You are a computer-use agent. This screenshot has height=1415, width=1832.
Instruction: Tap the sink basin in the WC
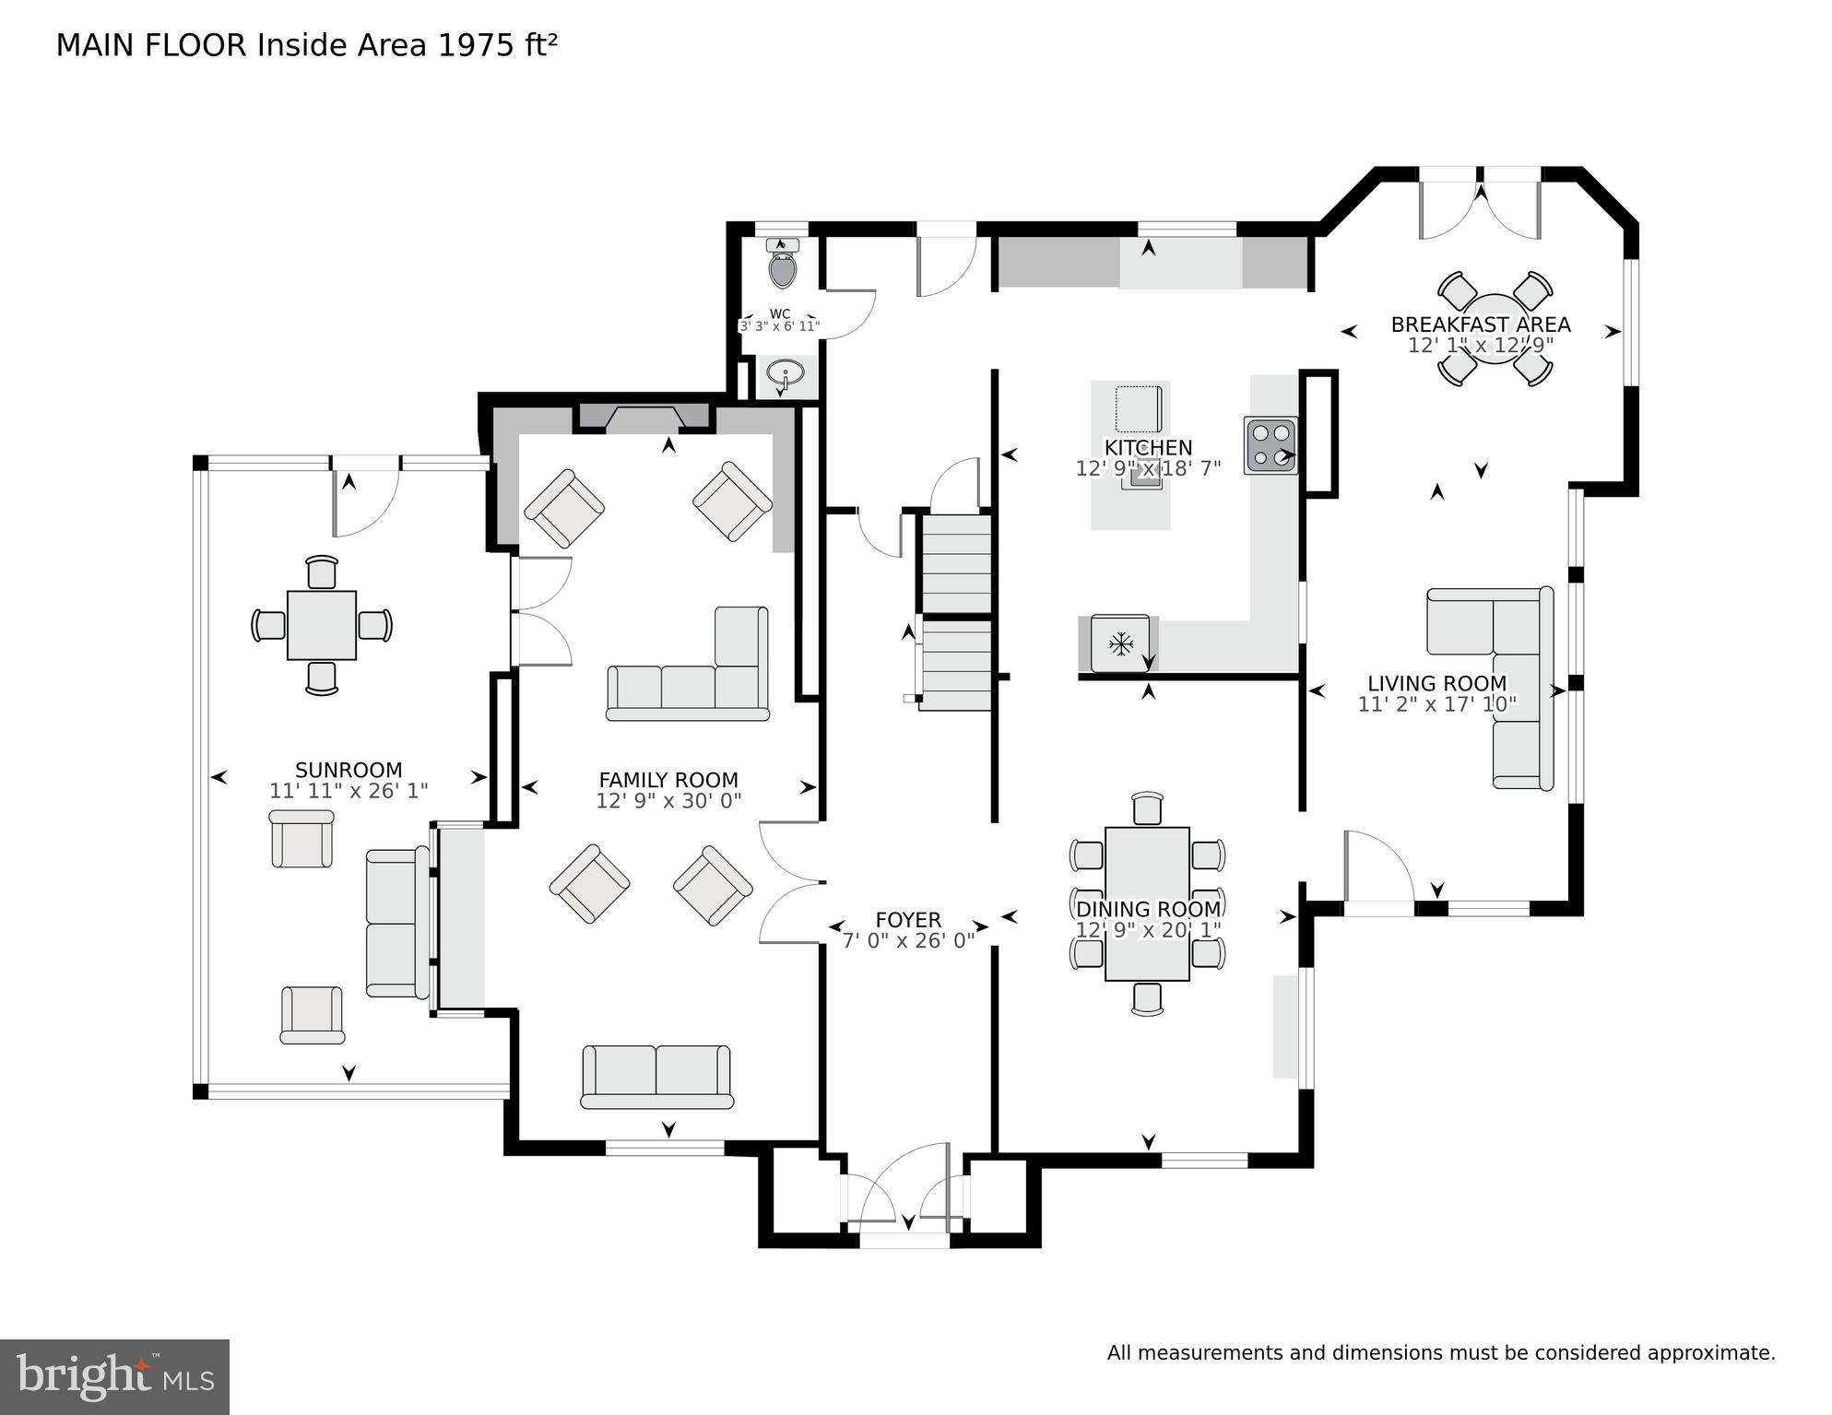(786, 375)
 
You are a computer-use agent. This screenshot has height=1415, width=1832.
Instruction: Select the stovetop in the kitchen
(1271, 445)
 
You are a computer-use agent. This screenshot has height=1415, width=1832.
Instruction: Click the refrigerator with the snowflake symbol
(1120, 643)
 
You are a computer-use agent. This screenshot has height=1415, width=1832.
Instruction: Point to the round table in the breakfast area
(1495, 329)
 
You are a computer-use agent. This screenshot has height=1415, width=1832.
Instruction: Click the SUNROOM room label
(349, 770)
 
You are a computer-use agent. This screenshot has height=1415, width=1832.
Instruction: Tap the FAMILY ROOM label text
(668, 780)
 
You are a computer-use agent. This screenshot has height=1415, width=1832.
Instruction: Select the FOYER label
(908, 920)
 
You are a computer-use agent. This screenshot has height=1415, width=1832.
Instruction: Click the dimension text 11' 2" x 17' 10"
(1436, 704)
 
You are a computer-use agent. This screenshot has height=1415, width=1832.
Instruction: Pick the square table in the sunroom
(321, 625)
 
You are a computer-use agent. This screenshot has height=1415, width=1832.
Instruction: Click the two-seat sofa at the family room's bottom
(656, 1076)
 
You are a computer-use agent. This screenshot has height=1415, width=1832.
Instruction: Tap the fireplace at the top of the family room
(644, 418)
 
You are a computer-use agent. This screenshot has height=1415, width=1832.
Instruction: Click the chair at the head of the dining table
(1147, 808)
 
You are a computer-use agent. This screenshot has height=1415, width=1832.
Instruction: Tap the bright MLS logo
(114, 1376)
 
